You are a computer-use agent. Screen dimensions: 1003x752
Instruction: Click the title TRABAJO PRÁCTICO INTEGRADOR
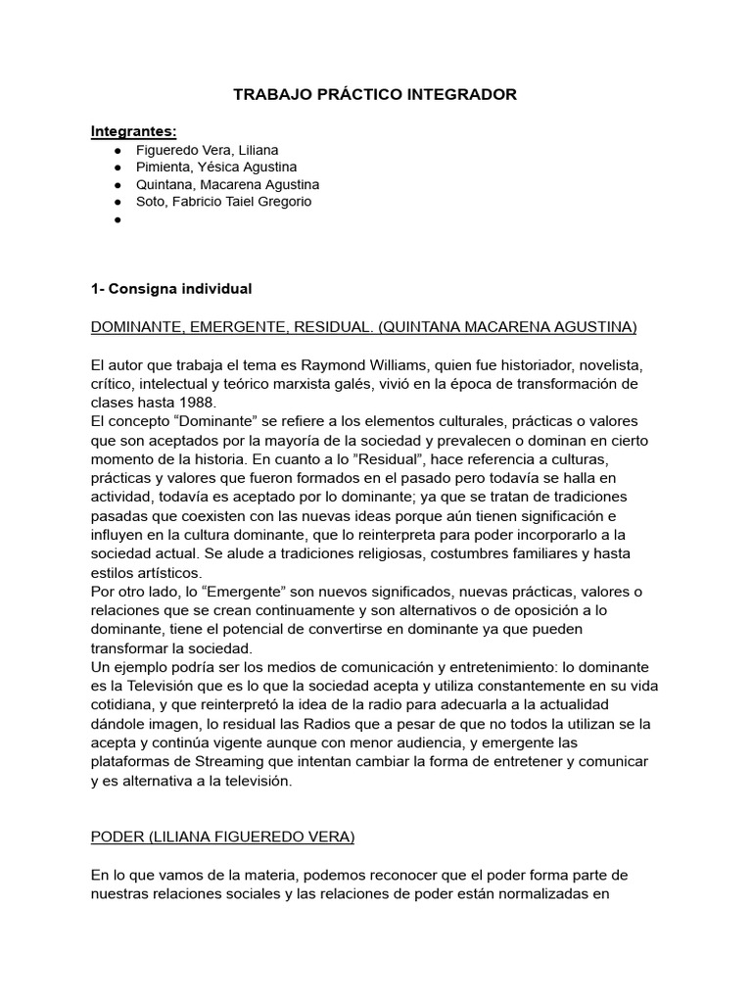point(375,95)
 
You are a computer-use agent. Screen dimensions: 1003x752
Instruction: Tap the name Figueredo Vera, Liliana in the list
point(208,150)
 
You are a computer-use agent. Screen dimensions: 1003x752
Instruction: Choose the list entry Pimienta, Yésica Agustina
point(216,167)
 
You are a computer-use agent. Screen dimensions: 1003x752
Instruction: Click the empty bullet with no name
point(117,220)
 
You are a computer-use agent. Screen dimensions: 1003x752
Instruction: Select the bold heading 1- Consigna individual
point(171,289)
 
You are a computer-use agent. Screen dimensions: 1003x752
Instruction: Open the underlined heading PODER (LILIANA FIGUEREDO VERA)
point(223,838)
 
